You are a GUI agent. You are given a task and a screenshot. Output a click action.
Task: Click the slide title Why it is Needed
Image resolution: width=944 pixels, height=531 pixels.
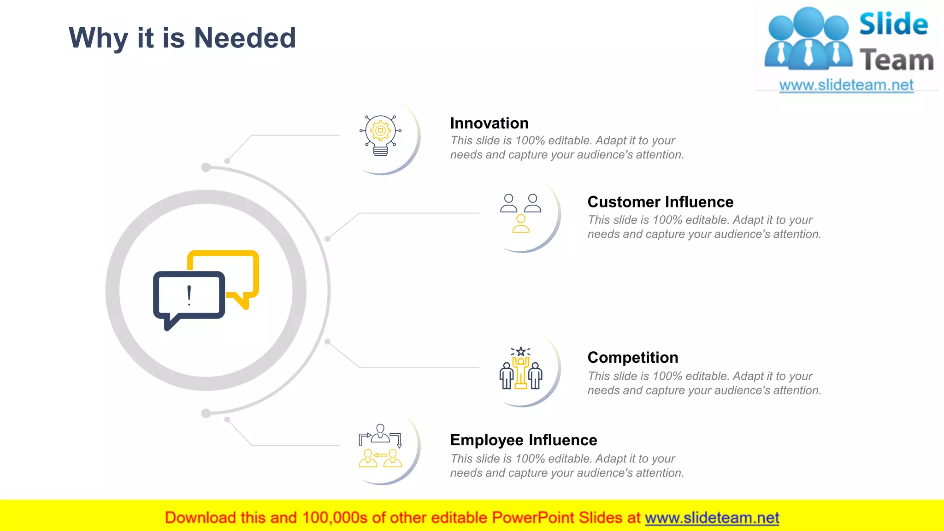(182, 38)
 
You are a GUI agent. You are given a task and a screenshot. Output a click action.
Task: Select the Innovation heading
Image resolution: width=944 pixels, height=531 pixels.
(489, 123)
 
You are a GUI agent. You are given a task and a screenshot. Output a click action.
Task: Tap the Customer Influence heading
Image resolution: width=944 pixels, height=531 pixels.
(660, 202)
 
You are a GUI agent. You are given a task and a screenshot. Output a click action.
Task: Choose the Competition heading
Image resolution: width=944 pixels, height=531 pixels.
(632, 357)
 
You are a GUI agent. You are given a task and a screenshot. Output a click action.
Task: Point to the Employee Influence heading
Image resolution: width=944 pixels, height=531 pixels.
(523, 440)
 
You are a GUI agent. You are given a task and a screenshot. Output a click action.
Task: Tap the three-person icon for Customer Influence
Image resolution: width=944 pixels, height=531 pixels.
(520, 213)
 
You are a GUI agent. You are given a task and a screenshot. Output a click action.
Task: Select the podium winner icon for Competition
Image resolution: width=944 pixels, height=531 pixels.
(521, 368)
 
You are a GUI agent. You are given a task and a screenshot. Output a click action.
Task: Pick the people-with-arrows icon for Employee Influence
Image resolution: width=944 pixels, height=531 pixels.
(380, 446)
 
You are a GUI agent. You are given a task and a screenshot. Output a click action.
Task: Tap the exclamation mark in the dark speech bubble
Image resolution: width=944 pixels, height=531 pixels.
(189, 295)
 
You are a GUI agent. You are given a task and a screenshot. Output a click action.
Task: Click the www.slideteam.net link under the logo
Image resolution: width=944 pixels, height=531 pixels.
(846, 85)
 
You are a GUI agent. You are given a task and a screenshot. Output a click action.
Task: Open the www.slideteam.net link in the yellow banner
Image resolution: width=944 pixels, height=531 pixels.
(712, 518)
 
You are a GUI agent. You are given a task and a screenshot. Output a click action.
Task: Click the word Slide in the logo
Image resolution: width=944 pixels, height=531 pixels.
(893, 24)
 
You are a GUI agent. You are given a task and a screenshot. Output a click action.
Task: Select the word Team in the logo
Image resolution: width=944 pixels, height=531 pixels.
(897, 60)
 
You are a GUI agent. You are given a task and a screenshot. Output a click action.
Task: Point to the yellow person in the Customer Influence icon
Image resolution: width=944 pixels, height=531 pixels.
(521, 224)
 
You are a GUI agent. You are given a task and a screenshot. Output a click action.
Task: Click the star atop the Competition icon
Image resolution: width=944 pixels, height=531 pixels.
(521, 352)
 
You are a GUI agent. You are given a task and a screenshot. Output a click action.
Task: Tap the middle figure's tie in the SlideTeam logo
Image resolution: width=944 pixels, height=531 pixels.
(808, 53)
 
